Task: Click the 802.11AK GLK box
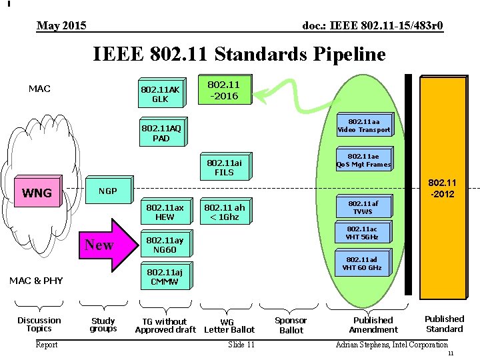[x=161, y=94]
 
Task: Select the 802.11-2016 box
[x=224, y=89]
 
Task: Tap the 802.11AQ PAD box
[x=161, y=133]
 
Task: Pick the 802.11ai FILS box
[x=224, y=167]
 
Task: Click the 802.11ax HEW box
[x=164, y=211]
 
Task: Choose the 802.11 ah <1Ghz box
[x=224, y=211]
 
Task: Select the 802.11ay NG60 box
[x=164, y=245]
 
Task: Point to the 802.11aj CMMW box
[x=164, y=276]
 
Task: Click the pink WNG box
[x=37, y=193]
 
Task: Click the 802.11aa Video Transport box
[x=364, y=125]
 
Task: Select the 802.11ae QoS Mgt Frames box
[x=364, y=160]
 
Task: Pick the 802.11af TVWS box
[x=362, y=207]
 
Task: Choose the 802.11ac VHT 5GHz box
[x=362, y=233]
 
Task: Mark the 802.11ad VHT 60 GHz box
[x=362, y=263]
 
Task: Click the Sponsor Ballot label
[x=291, y=325]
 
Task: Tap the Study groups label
[x=103, y=325]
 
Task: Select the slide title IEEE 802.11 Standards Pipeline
[x=239, y=53]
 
